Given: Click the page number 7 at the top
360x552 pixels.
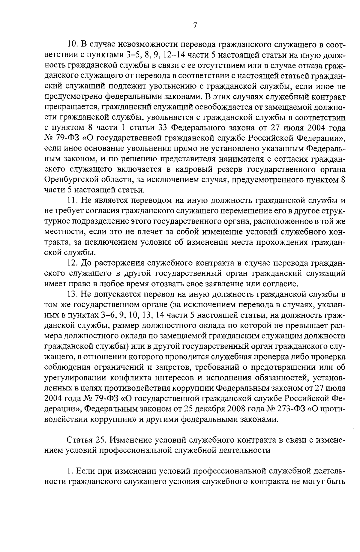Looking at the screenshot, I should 195,25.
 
